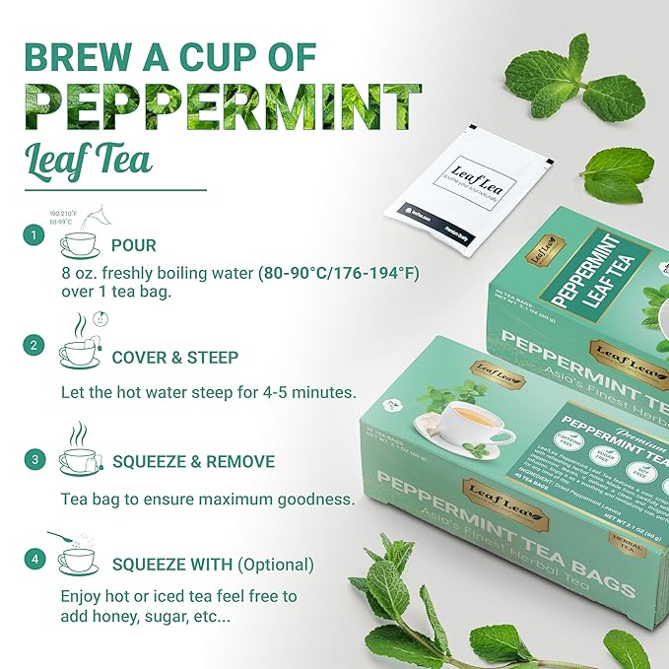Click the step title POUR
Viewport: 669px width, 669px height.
coord(133,244)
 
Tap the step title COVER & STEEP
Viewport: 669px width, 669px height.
coord(175,358)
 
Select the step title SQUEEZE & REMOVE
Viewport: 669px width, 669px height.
coord(192,461)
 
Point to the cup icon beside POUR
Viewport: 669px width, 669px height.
coord(78,242)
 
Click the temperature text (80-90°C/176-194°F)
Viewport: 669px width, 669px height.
coord(338,273)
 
